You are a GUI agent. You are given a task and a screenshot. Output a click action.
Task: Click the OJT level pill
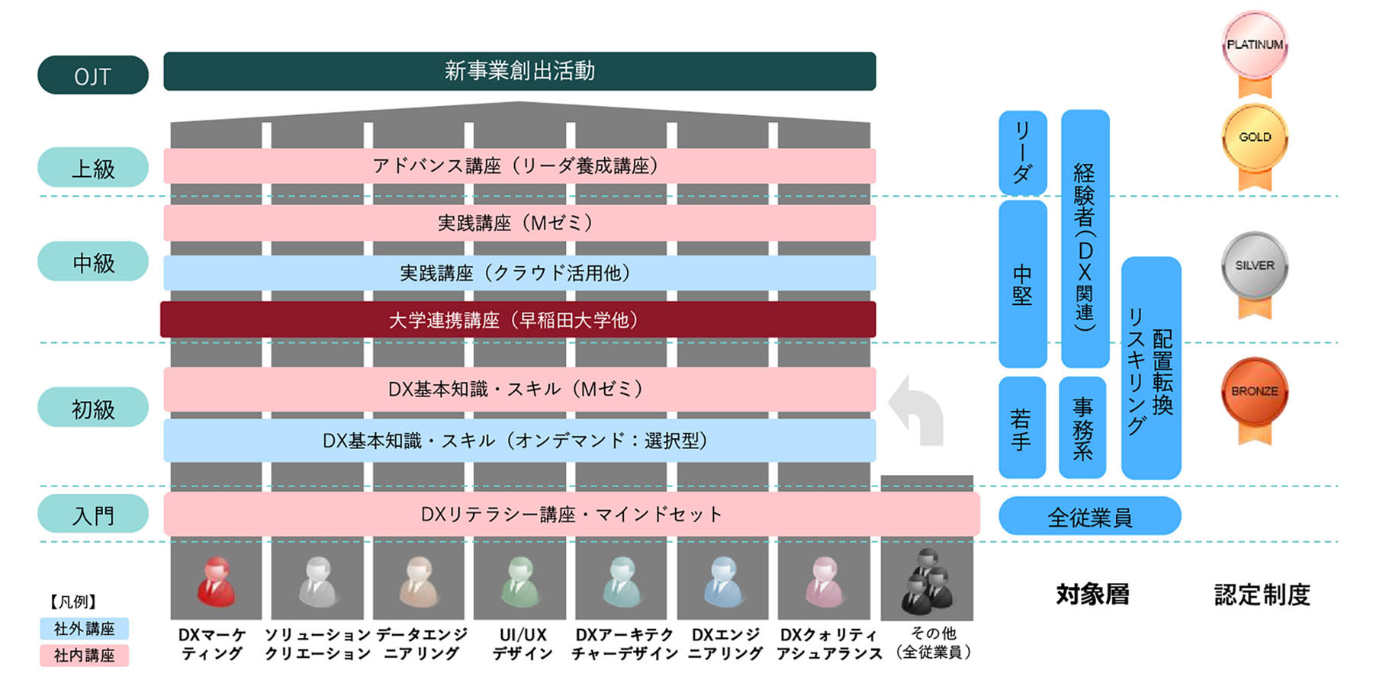(x=92, y=75)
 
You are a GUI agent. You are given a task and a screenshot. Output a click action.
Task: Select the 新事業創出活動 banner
(x=519, y=71)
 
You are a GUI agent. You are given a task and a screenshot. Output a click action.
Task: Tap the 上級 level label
(x=92, y=168)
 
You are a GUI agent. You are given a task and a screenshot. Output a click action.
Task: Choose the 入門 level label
(x=92, y=515)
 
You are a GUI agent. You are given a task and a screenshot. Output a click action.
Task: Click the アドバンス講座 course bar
(x=519, y=165)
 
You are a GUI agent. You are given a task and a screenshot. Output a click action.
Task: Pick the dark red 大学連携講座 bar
(x=517, y=319)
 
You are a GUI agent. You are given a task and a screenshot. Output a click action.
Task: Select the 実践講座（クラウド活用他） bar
(x=519, y=273)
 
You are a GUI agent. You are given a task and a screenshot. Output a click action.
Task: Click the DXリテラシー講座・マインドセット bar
(x=571, y=515)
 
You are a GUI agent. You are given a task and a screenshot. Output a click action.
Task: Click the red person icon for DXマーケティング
(x=216, y=582)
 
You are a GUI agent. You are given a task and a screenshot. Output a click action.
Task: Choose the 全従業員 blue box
(x=1089, y=516)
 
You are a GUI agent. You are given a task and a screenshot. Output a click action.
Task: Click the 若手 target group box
(x=1022, y=428)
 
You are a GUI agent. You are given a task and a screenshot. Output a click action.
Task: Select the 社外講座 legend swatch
(x=84, y=629)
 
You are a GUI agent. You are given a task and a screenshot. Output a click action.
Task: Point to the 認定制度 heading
(x=1262, y=595)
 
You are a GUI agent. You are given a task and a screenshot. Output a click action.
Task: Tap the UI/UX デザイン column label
(x=523, y=644)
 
